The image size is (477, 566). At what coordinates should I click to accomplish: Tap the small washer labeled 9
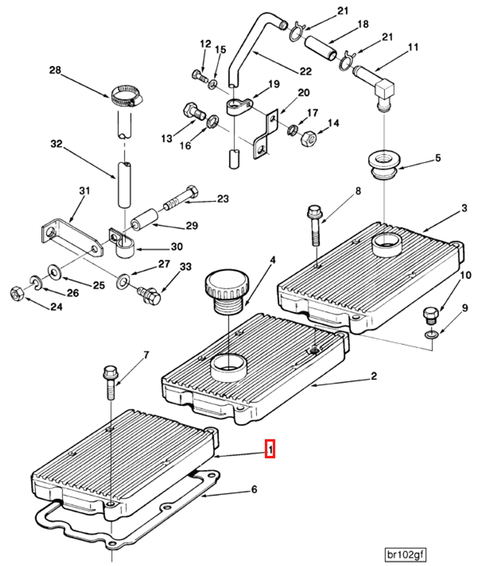[431, 335]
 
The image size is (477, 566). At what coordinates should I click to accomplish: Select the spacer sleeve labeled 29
[145, 220]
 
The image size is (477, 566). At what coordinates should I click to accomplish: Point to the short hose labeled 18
[321, 48]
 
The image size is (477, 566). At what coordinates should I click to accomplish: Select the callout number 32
[56, 144]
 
